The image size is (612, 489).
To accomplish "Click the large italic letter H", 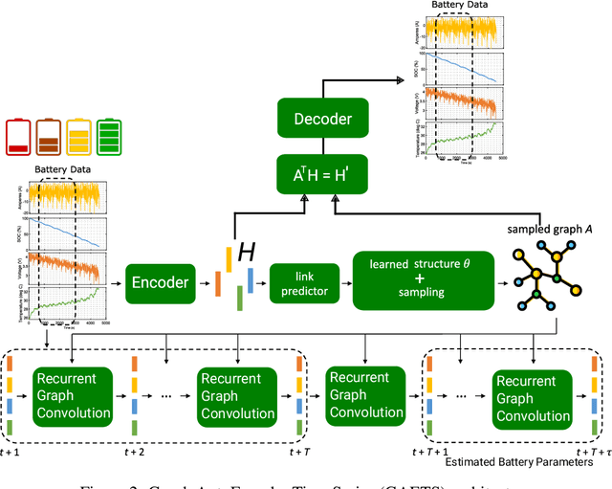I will (x=247, y=253).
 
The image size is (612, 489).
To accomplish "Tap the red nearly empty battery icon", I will (x=18, y=136).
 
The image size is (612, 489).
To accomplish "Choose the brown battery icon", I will (x=49, y=136).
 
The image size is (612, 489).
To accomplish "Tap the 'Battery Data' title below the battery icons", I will (x=64, y=170).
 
